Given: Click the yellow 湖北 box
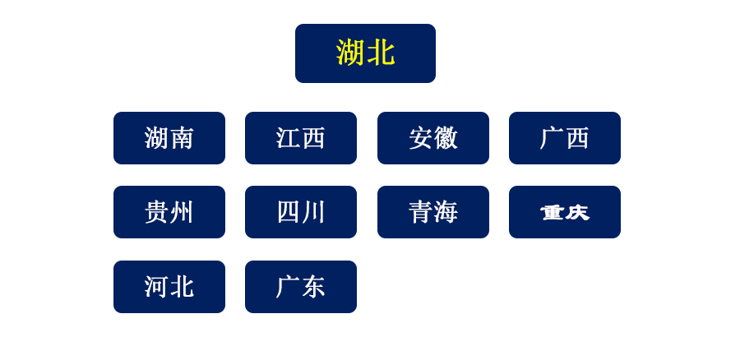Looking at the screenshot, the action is pos(365,53).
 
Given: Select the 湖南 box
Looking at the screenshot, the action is pos(169,138).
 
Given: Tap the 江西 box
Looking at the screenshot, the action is pos(301,138).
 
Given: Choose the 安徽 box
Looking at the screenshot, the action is pos(433,138).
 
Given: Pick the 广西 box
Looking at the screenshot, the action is pos(565,138).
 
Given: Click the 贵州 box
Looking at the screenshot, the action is pos(169,212).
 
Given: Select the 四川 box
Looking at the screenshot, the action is pos(301,212).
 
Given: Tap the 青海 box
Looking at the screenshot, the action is pos(433,212).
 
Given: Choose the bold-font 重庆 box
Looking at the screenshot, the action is pos(565,212).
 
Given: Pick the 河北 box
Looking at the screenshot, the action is pos(169,287).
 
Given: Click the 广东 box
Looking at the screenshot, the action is pos(301,287).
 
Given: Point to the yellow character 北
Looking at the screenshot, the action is pos(381,53).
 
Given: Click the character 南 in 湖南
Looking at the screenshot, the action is pos(182,138).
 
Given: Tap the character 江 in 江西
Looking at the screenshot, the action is pos(288,138).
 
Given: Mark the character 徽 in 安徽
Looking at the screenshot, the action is pos(446,138).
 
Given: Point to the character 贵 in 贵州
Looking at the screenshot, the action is pos(157,212).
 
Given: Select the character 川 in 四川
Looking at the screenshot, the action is pos(313,212).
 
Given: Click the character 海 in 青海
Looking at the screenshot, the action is pos(446,212).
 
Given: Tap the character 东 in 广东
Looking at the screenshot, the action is pos(313,287).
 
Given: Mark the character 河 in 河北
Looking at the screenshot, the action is pos(157,287).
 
